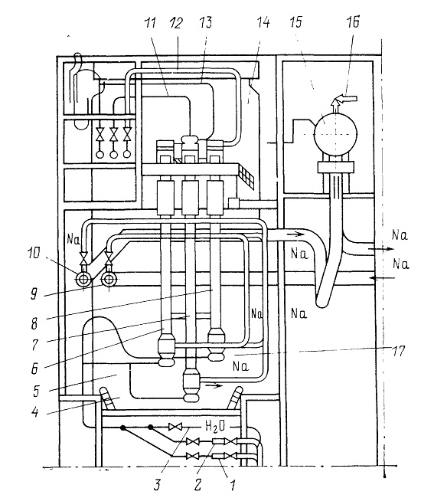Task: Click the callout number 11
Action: click(150, 23)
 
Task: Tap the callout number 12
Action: click(176, 23)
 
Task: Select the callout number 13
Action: click(205, 23)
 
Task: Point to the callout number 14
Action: click(263, 23)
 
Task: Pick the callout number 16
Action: click(353, 22)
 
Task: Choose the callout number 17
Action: click(399, 351)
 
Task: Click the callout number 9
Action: click(34, 293)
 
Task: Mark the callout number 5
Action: click(36, 392)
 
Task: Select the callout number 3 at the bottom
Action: click(157, 485)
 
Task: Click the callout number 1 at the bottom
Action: click(233, 485)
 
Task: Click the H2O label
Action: click(215, 426)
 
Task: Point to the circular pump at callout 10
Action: click(83, 279)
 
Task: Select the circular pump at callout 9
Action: click(109, 279)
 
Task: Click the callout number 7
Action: click(35, 345)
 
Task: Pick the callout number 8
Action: click(34, 323)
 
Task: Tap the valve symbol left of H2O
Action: click(175, 427)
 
